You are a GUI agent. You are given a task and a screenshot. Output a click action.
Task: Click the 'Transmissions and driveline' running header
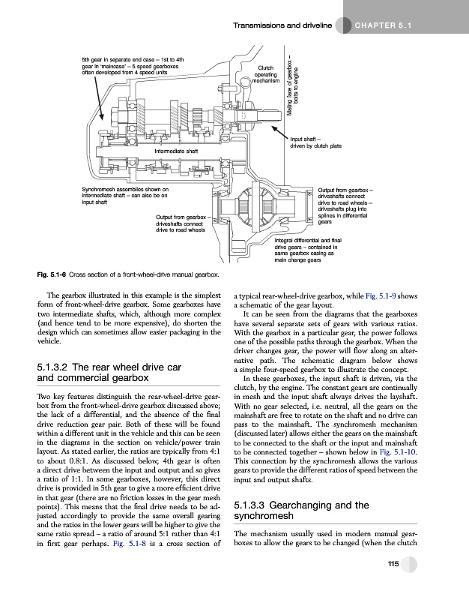(281, 27)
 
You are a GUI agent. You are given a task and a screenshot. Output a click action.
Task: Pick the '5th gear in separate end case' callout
(134, 65)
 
